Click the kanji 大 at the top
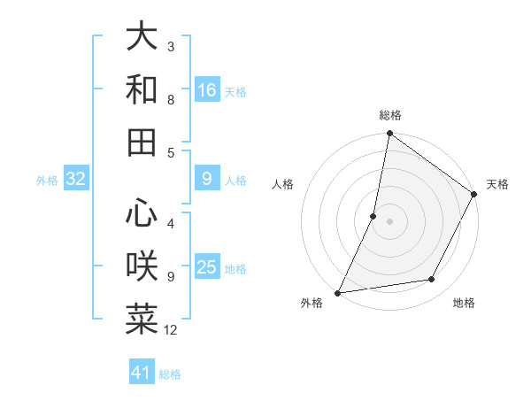pyautogui.click(x=142, y=36)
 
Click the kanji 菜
pyautogui.click(x=142, y=320)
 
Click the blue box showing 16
pyautogui.click(x=206, y=90)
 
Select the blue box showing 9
pyautogui.click(x=206, y=180)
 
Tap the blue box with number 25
pyautogui.click(x=206, y=268)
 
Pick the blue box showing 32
pyautogui.click(x=76, y=180)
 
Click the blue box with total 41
pyautogui.click(x=141, y=373)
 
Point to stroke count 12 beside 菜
pyautogui.click(x=171, y=330)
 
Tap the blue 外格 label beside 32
pyautogui.click(x=47, y=181)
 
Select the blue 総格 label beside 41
pyautogui.click(x=170, y=374)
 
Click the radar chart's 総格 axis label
pyautogui.click(x=389, y=116)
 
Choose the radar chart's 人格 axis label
pyautogui.click(x=283, y=184)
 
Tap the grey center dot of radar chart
pyautogui.click(x=389, y=220)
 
